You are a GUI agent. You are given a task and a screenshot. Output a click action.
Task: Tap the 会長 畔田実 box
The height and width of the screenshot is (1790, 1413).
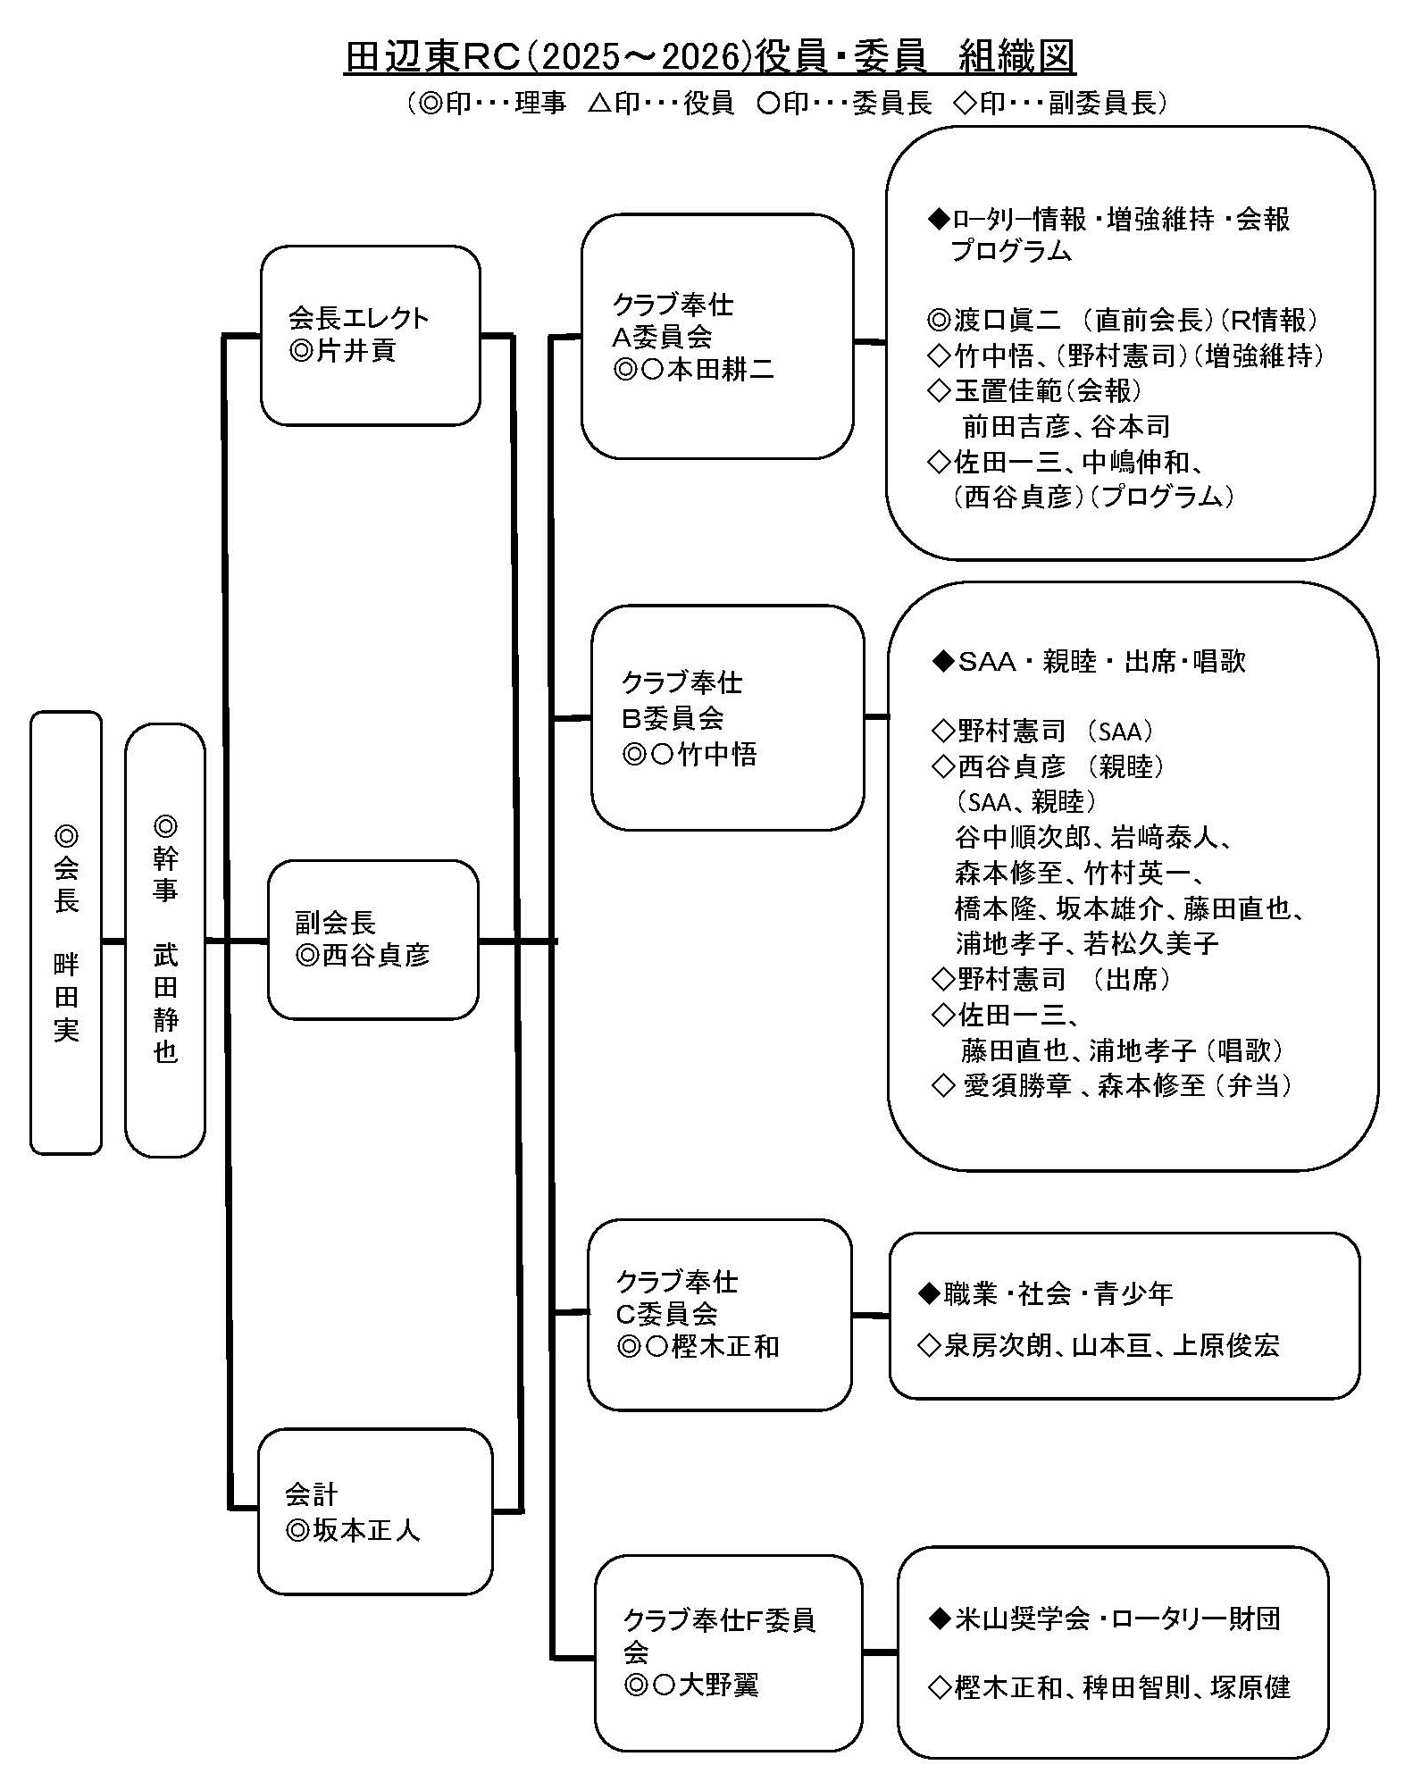click(66, 932)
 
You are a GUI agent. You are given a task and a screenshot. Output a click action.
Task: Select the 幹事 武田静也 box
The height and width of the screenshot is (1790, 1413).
click(165, 940)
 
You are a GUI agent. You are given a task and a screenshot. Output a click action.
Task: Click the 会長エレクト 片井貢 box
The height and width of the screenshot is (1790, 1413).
click(370, 335)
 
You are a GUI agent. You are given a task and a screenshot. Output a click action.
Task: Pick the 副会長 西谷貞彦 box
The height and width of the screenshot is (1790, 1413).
click(372, 939)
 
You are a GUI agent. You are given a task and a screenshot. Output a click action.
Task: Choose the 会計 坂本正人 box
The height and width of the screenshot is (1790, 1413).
click(374, 1510)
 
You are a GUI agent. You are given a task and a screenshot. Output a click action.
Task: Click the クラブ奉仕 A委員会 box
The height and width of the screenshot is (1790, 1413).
click(716, 337)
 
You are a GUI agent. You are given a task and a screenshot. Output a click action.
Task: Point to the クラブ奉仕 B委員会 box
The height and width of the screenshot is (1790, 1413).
click(727, 717)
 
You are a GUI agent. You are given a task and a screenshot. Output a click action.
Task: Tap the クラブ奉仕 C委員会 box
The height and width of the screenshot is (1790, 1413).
click(719, 1314)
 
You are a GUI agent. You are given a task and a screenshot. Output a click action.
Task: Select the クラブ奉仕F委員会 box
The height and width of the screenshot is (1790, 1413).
click(728, 1652)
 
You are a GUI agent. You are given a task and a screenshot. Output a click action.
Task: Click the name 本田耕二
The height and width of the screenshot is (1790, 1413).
click(721, 370)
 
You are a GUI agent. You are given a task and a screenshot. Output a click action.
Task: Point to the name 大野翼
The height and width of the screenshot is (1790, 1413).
click(718, 1685)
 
